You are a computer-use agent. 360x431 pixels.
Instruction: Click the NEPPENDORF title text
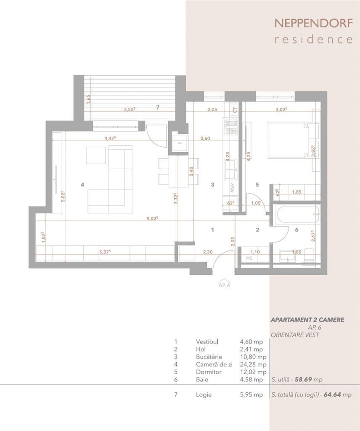click(x=314, y=24)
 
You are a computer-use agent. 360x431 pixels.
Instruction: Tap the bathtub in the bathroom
click(x=299, y=214)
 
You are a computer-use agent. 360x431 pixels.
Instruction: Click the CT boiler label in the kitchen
click(x=235, y=110)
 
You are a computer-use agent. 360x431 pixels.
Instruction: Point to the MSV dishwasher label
click(x=232, y=188)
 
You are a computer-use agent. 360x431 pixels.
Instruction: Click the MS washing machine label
click(x=249, y=258)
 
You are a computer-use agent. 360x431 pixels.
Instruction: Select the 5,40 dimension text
click(x=192, y=172)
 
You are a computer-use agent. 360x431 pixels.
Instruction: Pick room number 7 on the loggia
click(x=158, y=107)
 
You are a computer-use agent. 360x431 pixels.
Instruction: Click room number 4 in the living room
click(x=82, y=185)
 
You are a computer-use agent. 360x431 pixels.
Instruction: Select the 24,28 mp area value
click(x=253, y=364)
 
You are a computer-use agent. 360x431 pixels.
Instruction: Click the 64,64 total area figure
click(x=332, y=395)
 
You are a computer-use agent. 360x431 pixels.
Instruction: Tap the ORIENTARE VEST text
click(x=295, y=335)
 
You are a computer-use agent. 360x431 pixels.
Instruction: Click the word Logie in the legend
click(x=204, y=395)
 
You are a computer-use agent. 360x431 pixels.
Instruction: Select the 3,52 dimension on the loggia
click(x=130, y=109)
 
